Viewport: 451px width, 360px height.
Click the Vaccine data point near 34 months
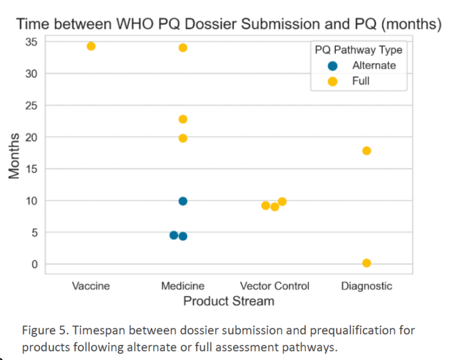91,46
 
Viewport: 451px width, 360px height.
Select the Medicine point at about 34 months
183,48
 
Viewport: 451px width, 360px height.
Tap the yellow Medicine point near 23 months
183,119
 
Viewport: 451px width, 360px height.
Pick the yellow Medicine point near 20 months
183,138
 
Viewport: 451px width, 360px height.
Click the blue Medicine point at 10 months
183,201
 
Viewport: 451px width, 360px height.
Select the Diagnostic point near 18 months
366,151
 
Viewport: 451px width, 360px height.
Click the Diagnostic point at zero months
366,263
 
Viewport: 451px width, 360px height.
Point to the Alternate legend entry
373,66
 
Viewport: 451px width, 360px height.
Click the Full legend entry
361,81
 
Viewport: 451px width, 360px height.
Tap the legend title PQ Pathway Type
358,50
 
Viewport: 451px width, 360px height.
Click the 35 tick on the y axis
31,42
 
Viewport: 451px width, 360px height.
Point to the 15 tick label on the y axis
31,169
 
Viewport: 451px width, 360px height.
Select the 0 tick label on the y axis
33,264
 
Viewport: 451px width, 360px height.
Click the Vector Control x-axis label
274,287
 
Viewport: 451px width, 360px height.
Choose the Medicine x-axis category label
183,287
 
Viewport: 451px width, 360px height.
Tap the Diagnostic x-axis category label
366,287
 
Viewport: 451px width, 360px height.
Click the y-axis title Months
15,156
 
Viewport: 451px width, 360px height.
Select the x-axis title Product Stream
228,301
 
